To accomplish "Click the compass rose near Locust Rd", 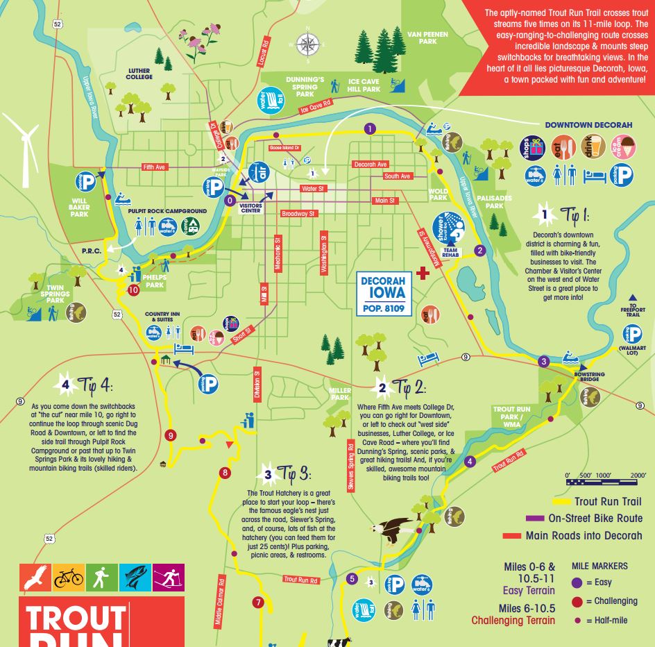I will point(305,44).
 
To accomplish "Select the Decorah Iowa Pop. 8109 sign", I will point(384,294).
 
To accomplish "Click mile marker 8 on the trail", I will point(224,473).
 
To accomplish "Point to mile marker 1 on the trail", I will point(370,128).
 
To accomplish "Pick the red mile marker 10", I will point(133,290).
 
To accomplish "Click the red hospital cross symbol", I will point(424,272).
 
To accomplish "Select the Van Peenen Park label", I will point(427,37).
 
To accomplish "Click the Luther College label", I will point(139,74).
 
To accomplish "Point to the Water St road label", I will point(313,189).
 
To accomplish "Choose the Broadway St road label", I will point(298,214).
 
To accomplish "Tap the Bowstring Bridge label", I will point(589,377).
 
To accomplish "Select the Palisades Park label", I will point(494,203).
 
